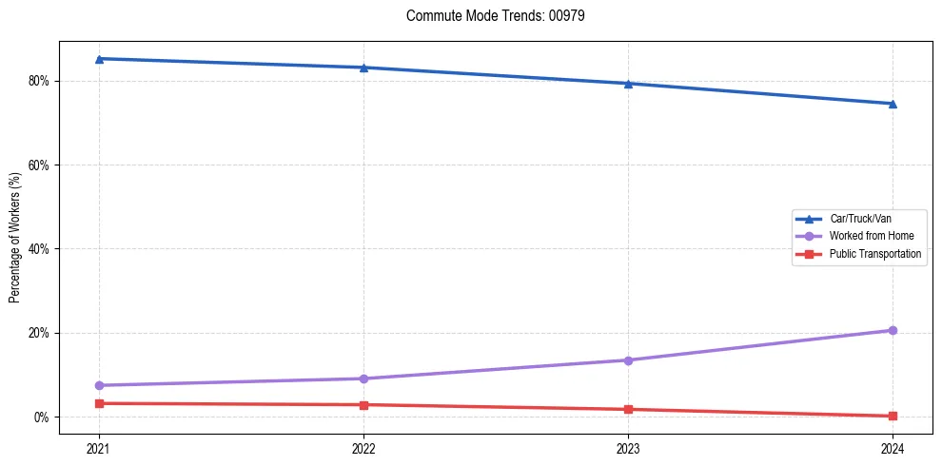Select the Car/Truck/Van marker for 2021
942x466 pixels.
point(99,59)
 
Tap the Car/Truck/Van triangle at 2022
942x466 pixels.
point(363,68)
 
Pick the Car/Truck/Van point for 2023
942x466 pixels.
point(628,84)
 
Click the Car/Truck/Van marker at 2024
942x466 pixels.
point(893,104)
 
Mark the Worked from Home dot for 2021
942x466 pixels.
point(99,385)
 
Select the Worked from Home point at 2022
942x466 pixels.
point(363,379)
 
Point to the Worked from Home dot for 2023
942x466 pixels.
point(628,360)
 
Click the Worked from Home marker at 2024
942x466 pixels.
point(893,330)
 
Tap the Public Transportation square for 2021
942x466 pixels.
point(99,403)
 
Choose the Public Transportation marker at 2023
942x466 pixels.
point(628,410)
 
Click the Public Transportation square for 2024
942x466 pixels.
point(893,416)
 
